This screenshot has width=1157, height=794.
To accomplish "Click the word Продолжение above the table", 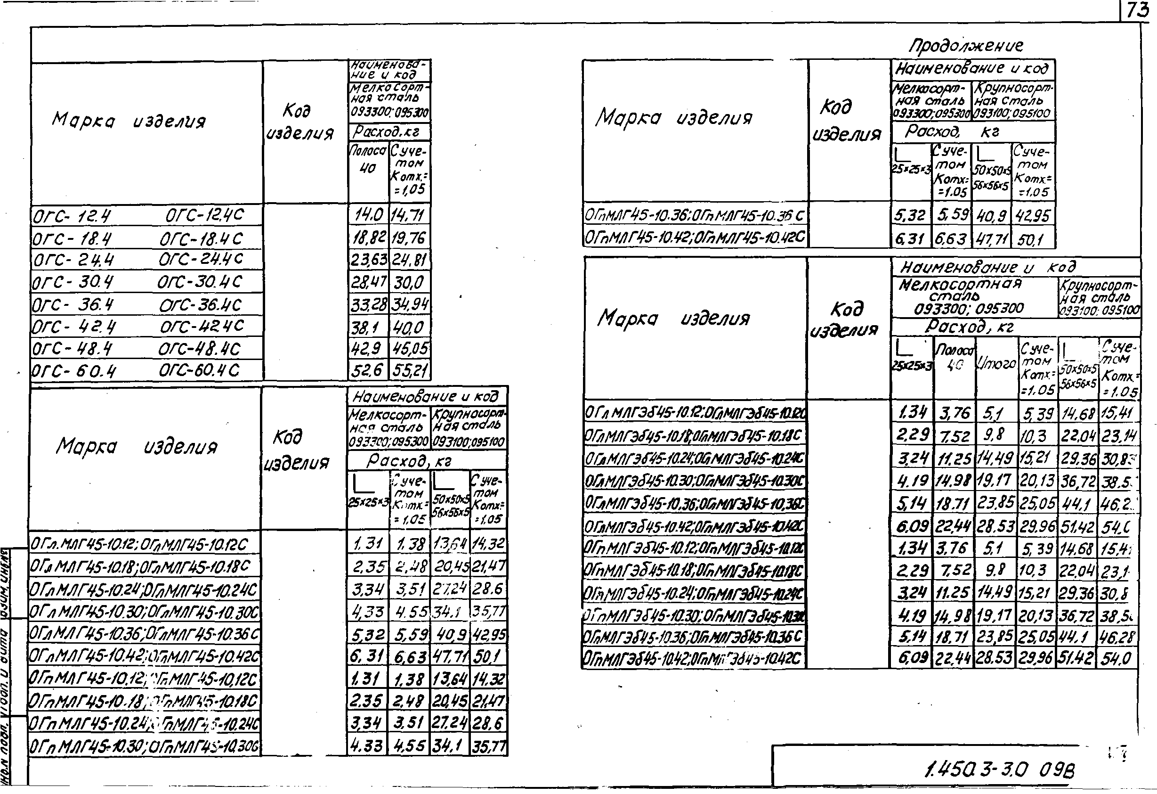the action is (966, 46).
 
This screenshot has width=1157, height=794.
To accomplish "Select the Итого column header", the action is (996, 365).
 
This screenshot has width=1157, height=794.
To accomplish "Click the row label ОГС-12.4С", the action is (204, 215).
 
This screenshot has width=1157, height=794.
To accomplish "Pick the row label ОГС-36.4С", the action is (200, 305).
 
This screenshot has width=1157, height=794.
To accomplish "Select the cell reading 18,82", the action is (368, 238).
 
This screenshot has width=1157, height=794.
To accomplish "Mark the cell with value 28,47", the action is (368, 283).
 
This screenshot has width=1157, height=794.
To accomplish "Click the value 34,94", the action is (409, 304).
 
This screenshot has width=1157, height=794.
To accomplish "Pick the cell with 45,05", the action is (409, 349).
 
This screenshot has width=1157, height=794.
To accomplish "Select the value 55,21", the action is (409, 370).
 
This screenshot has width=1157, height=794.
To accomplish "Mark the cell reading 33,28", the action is (368, 304).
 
